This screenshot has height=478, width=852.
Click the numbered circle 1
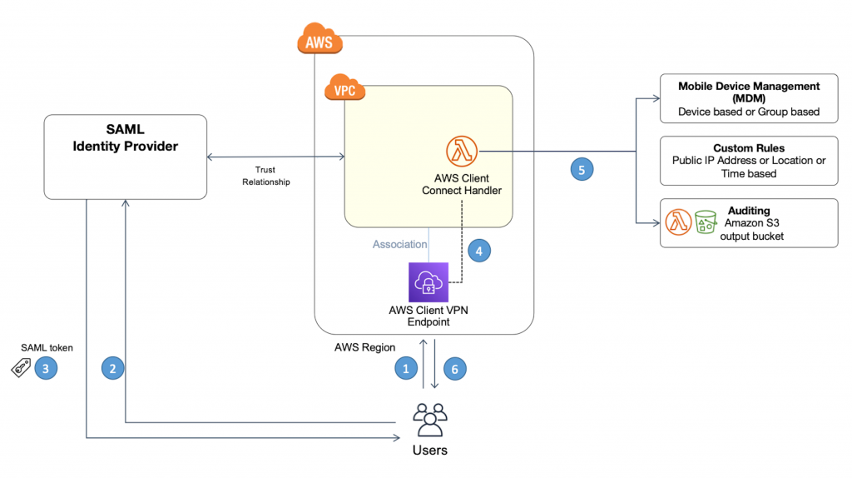click(x=406, y=367)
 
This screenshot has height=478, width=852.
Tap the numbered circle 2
click(x=113, y=367)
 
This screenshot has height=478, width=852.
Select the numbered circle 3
click(x=46, y=367)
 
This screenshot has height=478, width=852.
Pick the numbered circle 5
click(x=582, y=169)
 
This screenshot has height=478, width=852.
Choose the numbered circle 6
click(x=454, y=367)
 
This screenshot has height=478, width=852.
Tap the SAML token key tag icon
click(x=21, y=368)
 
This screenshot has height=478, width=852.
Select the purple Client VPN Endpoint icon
click(x=428, y=282)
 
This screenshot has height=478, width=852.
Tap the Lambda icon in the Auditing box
click(x=678, y=222)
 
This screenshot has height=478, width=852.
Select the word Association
click(x=399, y=245)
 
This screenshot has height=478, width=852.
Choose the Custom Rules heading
click(x=748, y=148)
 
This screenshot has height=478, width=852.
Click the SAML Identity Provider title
click(x=125, y=139)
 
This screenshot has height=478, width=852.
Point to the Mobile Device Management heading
click(x=748, y=92)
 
